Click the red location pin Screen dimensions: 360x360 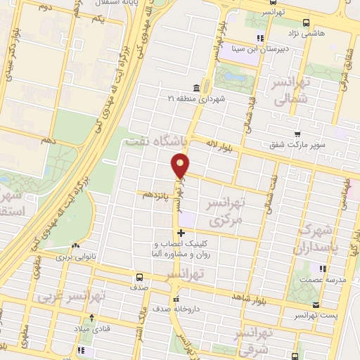(x=181, y=166)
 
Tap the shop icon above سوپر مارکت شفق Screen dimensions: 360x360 (x=297, y=134)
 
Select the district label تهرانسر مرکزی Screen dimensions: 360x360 (x=226, y=211)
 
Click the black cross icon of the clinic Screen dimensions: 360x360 (x=181, y=233)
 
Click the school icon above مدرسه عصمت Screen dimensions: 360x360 (x=323, y=268)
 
